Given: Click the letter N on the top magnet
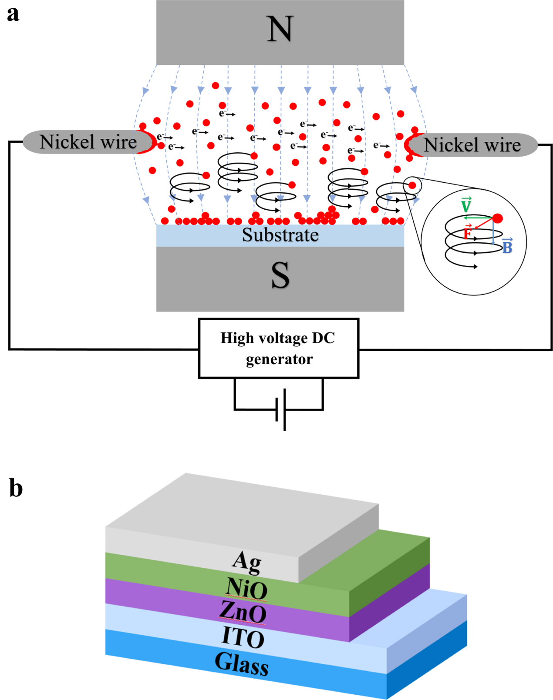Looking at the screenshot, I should (280, 29).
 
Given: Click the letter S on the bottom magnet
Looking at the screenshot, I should (280, 276).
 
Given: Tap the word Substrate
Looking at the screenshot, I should (280, 235).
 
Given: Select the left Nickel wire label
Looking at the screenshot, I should (88, 142).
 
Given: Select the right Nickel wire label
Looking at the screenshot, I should (472, 145).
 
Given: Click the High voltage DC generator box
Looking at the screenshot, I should (278, 348).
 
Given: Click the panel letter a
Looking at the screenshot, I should (13, 14).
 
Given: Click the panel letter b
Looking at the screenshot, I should (16, 488).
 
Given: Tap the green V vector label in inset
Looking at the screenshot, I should (466, 205).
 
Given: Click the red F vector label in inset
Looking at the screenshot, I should (468, 233).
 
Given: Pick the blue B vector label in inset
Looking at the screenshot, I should (507, 247).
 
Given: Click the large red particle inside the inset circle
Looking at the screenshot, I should (497, 218).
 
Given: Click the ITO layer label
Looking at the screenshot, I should (243, 637).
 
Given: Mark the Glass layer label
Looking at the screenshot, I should (242, 664).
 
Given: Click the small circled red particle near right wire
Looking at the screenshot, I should (412, 186).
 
